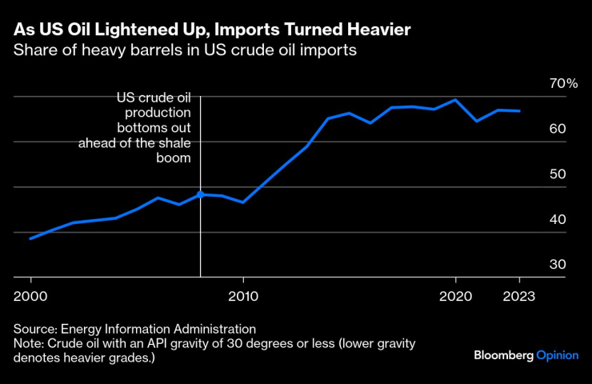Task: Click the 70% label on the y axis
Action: tap(563, 83)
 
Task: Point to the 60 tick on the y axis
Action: tap(558, 129)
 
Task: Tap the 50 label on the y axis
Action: tap(558, 174)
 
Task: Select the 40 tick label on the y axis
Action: tap(558, 219)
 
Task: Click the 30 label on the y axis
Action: tap(558, 265)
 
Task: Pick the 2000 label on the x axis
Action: tap(31, 294)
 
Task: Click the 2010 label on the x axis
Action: tap(243, 294)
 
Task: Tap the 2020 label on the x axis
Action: tap(455, 294)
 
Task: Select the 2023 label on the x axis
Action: tap(518, 294)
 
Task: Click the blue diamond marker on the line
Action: tap(200, 194)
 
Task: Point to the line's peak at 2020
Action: tap(455, 100)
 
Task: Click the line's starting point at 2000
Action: tap(30, 238)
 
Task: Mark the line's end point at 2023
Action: tap(519, 110)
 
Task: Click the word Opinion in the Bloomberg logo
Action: tap(558, 354)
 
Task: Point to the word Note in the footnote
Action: tap(28, 343)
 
